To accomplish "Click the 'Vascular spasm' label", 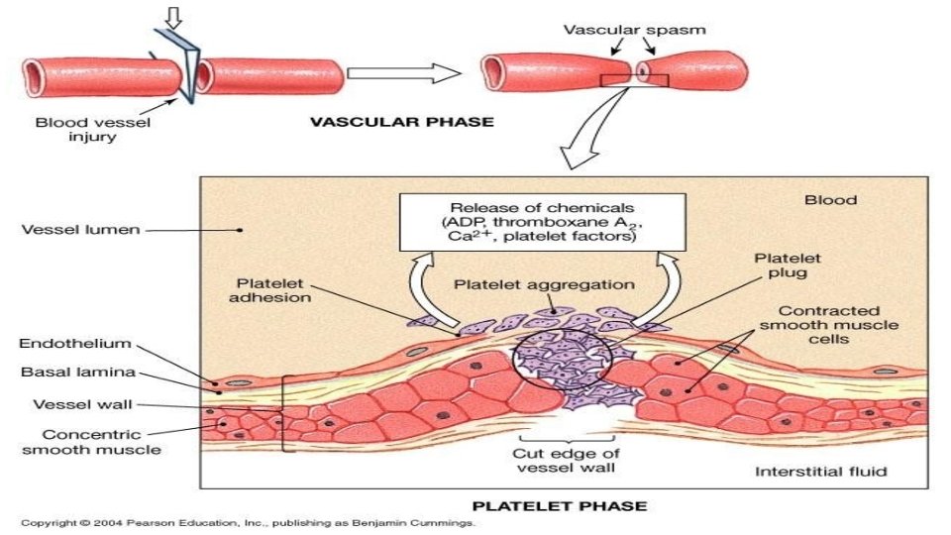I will tap(635, 29).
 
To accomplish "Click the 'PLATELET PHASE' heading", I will tap(561, 505).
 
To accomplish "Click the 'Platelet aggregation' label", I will tap(544, 284).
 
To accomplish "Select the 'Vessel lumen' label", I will tap(67, 230).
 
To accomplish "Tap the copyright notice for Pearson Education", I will tap(249, 521).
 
